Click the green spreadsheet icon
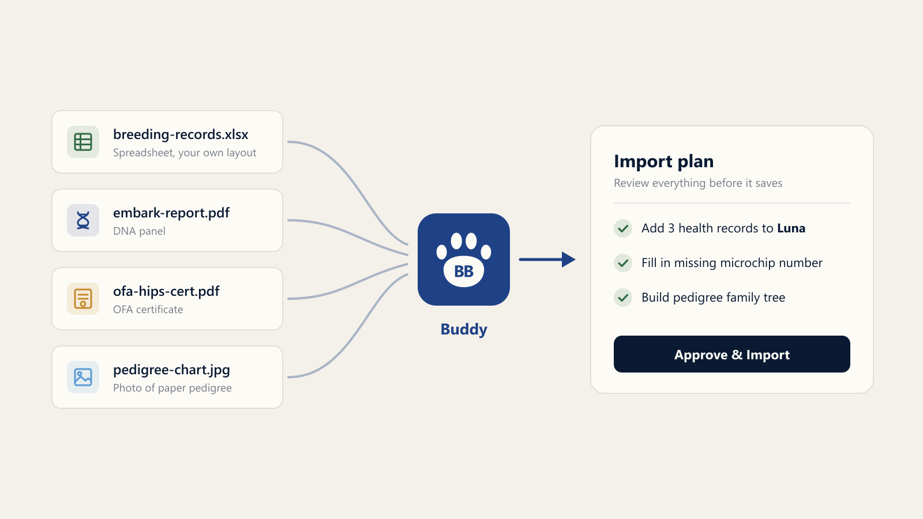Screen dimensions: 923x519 pos(83,142)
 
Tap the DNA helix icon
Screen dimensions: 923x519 pos(83,220)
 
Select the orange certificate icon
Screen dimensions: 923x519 pos(83,299)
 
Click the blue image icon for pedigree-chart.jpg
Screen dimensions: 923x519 pos(83,377)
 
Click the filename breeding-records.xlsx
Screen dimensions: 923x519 pos(181,134)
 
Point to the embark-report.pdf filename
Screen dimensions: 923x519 pos(171,213)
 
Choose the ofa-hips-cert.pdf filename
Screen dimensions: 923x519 pos(166,291)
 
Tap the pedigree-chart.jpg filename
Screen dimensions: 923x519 pos(171,370)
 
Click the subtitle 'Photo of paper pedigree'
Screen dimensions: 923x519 pos(172,388)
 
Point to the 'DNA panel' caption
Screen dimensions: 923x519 pos(139,231)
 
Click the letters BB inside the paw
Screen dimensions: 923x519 pos(464,272)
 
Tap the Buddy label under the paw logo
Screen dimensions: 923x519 pos(464,329)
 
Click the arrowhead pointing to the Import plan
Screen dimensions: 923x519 pos(569,259)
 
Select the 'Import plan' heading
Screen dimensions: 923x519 pos(663,161)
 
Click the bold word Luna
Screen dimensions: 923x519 pos(791,228)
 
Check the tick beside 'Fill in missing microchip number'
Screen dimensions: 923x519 pos(623,263)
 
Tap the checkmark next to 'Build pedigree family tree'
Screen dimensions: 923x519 pos(623,298)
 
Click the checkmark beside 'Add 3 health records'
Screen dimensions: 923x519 pos(623,228)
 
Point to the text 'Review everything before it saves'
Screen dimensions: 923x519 pos(698,183)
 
